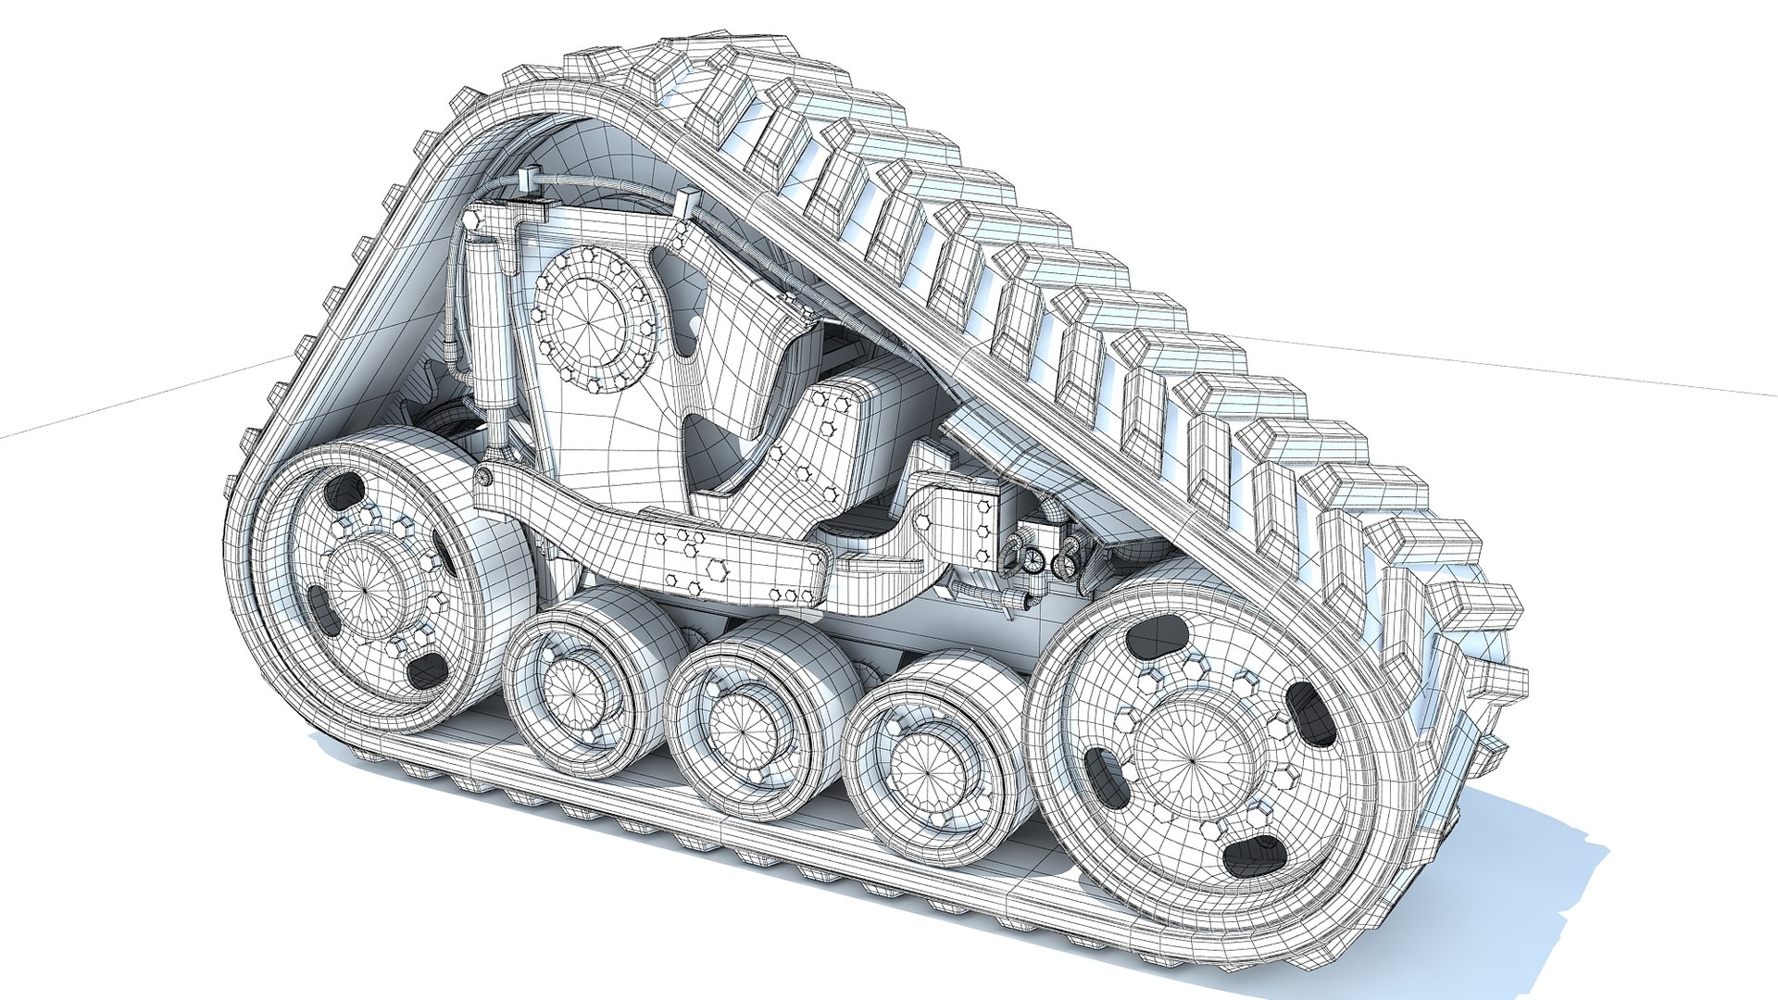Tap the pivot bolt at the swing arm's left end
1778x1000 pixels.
coord(484,477)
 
